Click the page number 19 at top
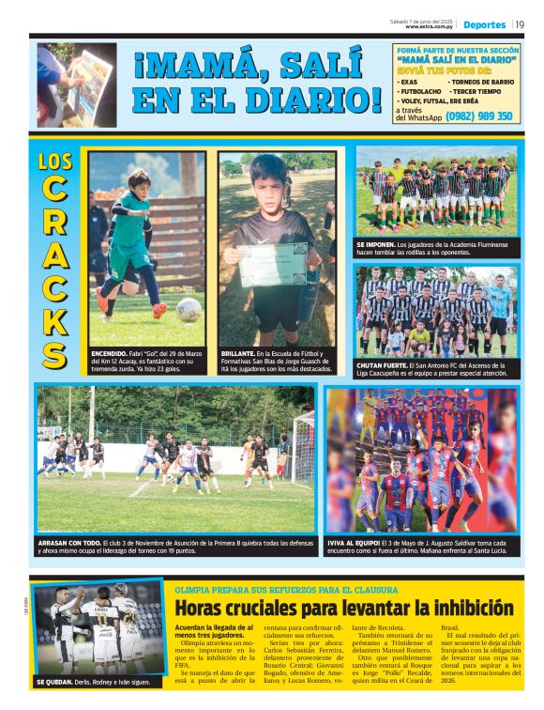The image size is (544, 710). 520,24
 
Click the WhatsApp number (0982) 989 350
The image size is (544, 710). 478,116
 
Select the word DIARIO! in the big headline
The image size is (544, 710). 309,100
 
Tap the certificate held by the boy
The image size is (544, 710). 273,264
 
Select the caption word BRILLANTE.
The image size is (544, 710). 242,353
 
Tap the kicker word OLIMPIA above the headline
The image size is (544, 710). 194,590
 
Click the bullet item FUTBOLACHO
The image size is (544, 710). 425,91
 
